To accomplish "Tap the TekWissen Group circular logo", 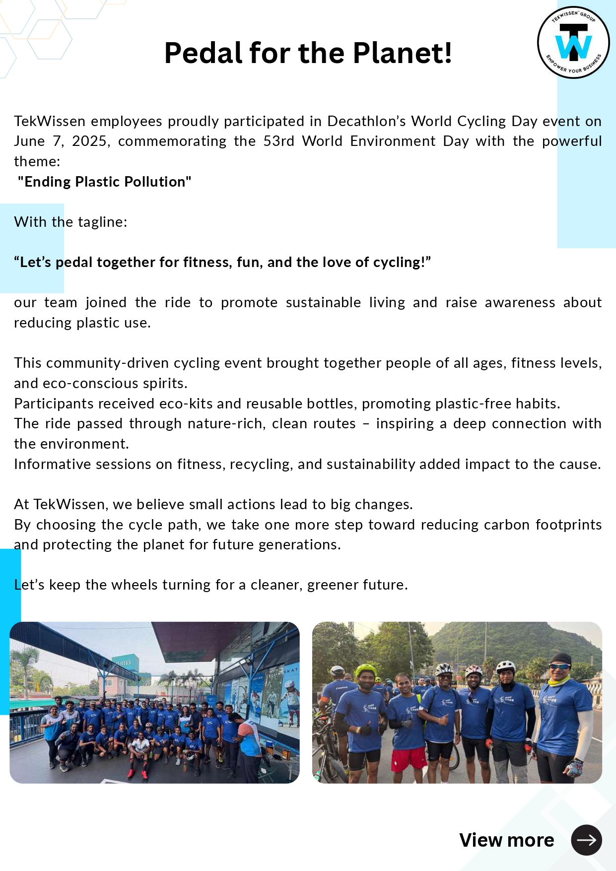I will click(573, 43).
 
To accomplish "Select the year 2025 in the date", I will click(89, 141).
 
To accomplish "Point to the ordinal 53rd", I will click(278, 141).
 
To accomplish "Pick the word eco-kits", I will click(186, 403).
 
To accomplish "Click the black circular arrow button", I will click(586, 840).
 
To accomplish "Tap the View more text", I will click(506, 840).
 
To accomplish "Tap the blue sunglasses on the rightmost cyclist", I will click(559, 666).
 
